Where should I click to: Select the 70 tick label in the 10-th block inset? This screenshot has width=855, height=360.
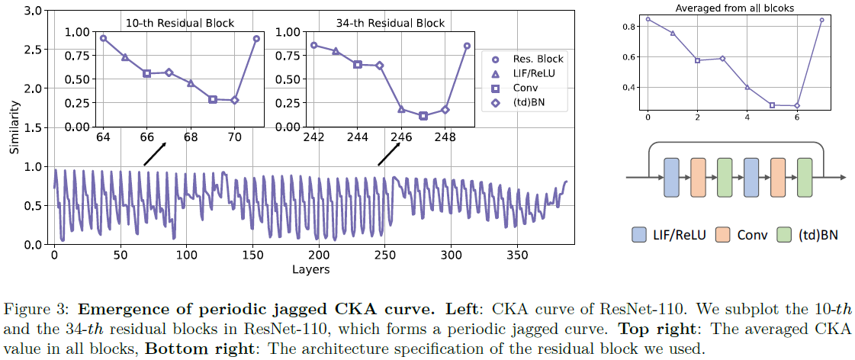coord(235,138)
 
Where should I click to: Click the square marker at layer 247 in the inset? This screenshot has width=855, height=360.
coord(423,116)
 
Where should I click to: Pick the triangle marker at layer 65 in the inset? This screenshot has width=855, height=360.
coord(125,57)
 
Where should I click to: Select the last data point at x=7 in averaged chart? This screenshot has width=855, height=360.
coord(821,21)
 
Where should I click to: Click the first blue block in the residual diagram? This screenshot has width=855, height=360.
coord(671,178)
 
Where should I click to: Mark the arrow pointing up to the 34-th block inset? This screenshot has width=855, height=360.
coord(388,156)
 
